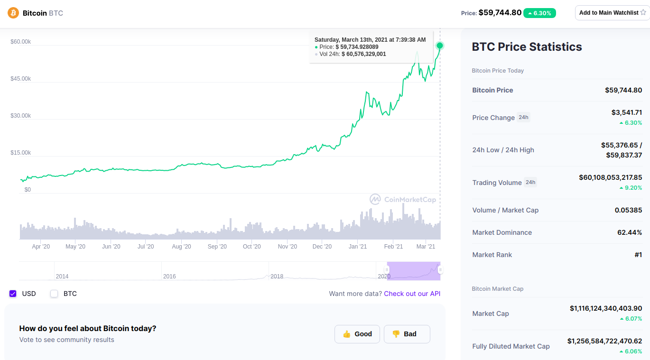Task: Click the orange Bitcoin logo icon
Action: [13, 13]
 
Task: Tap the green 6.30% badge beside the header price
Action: [539, 13]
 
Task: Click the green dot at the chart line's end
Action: [440, 46]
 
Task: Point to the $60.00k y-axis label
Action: [21, 42]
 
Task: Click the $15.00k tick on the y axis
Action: [21, 153]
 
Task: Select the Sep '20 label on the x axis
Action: [217, 247]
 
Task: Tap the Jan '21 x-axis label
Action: [358, 247]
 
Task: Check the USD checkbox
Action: [13, 294]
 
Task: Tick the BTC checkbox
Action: [54, 294]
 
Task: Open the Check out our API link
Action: [412, 294]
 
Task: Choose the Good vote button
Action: [357, 334]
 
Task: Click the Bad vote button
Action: [407, 334]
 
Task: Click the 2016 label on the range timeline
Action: [169, 277]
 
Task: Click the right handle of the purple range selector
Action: [440, 270]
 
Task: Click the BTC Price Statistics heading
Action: [527, 47]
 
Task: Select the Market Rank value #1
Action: [638, 255]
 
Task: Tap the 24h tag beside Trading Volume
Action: [530, 182]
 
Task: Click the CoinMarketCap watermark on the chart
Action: [403, 199]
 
